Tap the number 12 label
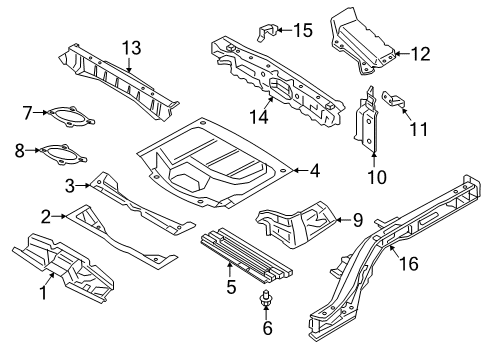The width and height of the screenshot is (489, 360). (x=420, y=55)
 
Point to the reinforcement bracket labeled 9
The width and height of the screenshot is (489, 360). (x=300, y=223)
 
